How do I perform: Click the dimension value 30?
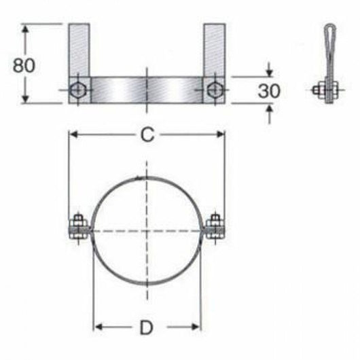269,91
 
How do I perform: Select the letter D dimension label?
146,329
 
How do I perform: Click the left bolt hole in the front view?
78,89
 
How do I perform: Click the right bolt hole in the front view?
215,89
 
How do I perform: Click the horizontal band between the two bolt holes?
146,89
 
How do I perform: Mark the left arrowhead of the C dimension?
73,134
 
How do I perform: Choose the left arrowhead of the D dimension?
98,328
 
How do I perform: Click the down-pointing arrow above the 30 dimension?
270,71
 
